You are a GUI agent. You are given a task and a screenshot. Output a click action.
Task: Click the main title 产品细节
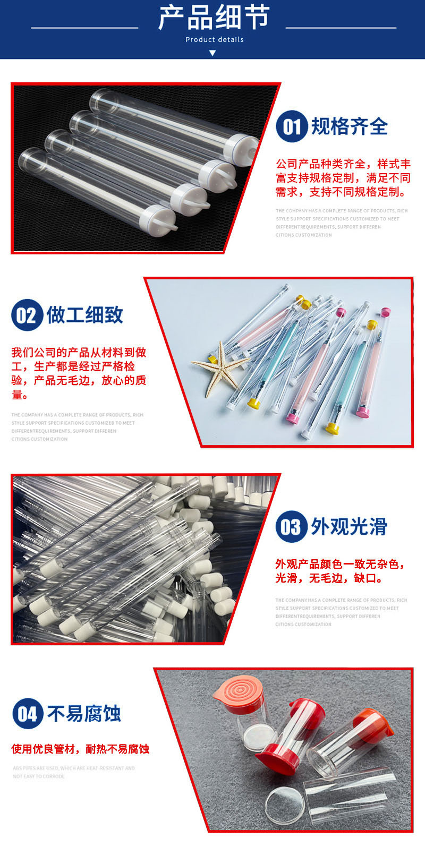click(x=214, y=18)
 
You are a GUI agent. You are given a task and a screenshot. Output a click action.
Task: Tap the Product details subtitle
click(x=214, y=39)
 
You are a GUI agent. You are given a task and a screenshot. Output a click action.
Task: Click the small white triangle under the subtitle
click(x=212, y=53)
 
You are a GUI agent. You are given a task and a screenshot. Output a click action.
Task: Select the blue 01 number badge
click(x=292, y=126)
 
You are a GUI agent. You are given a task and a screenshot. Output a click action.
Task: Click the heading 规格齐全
click(x=349, y=126)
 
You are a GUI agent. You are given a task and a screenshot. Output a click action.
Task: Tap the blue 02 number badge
click(x=27, y=315)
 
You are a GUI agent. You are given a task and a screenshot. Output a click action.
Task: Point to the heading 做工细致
click(x=84, y=314)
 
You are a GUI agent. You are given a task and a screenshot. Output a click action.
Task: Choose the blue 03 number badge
click(x=291, y=527)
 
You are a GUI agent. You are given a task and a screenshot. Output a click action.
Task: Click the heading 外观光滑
click(x=349, y=526)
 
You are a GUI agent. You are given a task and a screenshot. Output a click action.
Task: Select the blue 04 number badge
click(x=28, y=713)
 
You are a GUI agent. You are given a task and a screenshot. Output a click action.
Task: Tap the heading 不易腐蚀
click(x=84, y=713)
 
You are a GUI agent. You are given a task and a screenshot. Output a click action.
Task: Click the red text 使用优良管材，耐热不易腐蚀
click(x=80, y=749)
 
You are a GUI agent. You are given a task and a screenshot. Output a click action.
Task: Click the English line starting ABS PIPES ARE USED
click(x=74, y=768)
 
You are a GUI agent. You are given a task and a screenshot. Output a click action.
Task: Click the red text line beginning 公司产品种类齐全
click(x=343, y=164)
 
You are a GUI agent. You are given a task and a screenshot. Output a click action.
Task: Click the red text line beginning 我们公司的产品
click(x=79, y=353)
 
